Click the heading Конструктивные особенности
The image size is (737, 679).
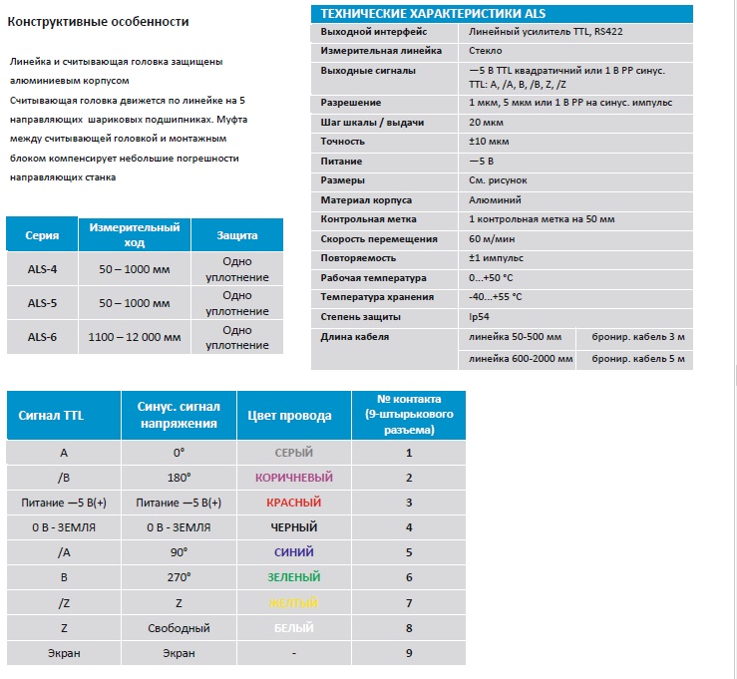98,21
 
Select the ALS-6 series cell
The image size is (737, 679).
42,337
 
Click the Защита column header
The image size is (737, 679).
237,235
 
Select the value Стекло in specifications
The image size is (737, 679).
485,50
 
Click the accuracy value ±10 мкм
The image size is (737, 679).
488,142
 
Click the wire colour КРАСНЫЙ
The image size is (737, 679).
294,502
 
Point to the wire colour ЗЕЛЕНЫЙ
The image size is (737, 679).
294,577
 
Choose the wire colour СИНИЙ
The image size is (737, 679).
294,552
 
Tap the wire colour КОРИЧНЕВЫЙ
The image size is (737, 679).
294,477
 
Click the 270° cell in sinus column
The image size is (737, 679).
179,577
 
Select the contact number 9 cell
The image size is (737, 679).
409,653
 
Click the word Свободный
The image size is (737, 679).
179,628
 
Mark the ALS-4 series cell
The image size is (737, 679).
42,269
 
